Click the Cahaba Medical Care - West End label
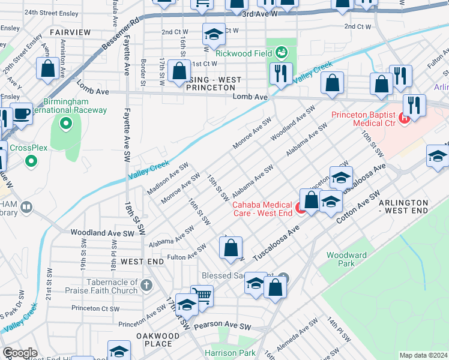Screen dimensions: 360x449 [x=262, y=208]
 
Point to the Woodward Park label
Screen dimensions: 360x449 [x=346, y=259]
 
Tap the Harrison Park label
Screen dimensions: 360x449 [x=230, y=353]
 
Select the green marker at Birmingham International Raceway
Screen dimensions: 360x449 [x=65, y=124]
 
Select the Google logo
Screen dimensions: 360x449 [x=20, y=353]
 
